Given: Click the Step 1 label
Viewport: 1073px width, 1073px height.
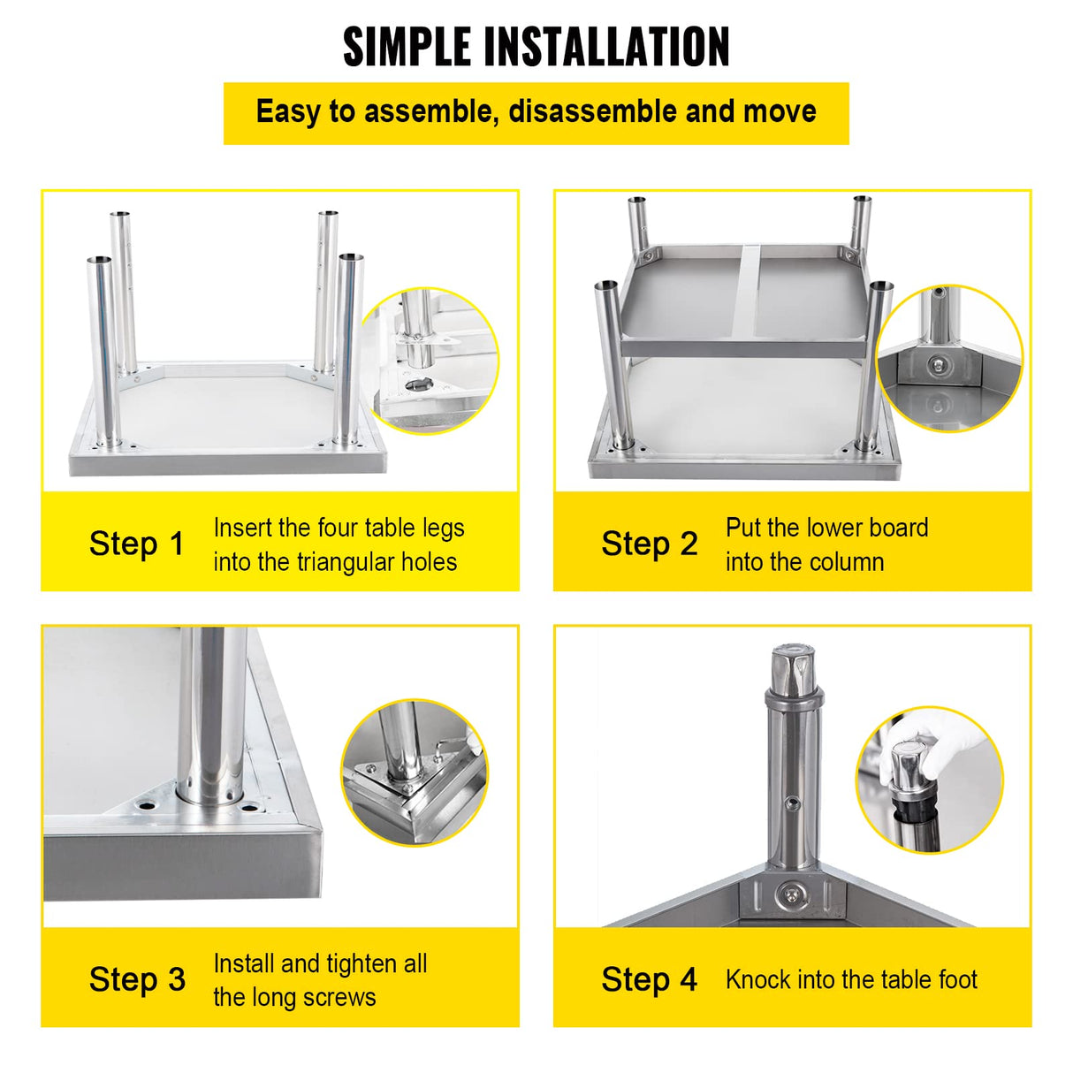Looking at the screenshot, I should click(x=136, y=544).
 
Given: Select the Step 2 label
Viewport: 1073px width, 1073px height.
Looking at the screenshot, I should click(x=649, y=544).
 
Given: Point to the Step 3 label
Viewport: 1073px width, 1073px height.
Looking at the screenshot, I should click(x=137, y=979).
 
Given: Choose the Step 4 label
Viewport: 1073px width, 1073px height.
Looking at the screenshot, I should click(x=649, y=979).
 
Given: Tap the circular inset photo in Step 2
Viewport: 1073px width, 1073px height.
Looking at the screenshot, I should click(x=948, y=358).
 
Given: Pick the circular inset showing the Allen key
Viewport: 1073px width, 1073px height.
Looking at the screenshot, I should click(x=414, y=772).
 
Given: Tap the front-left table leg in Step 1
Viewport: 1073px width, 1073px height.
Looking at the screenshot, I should click(x=104, y=354).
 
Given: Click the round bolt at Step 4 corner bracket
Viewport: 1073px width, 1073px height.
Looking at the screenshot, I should click(x=792, y=897).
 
